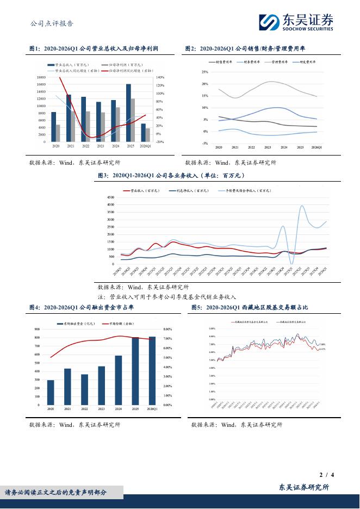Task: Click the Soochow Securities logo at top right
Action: point(296,22)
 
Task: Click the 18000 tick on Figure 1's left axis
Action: point(41,78)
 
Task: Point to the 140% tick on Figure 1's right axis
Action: point(160,78)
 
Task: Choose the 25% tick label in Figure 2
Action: point(204,72)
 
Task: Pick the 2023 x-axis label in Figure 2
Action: point(268,148)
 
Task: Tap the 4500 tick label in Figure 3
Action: point(110,197)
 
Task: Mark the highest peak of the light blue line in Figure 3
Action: point(302,206)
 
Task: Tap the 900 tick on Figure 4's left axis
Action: point(37,329)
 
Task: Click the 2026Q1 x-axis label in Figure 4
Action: point(152,408)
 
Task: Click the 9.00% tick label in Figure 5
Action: point(212,329)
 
